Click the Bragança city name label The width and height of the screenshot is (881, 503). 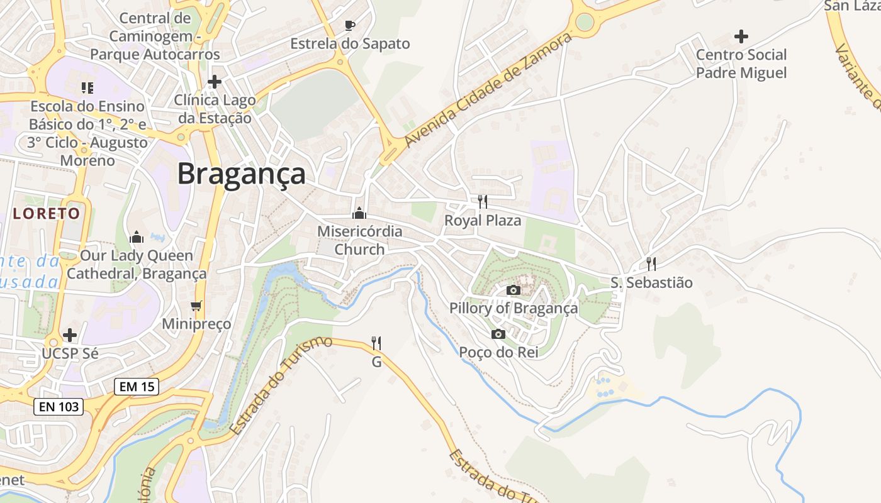point(241,174)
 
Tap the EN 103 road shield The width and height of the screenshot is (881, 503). point(59,407)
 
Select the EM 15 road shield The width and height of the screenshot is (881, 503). point(137,387)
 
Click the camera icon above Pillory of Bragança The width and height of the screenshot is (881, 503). point(513,290)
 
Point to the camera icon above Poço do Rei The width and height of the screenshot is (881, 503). point(498,334)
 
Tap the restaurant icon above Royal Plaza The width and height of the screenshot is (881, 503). point(483,202)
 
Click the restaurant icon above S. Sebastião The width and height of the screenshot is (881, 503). point(651,264)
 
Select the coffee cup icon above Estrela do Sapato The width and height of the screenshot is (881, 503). point(350,26)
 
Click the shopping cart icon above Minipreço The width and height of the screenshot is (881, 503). point(196,306)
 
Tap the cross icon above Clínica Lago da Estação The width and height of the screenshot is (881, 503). point(215,82)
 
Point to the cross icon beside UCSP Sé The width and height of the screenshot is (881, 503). point(70,334)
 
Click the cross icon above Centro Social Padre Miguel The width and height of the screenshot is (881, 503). point(741,36)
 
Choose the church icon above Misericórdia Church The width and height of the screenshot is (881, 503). point(359,213)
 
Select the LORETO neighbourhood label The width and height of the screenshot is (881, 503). point(47,213)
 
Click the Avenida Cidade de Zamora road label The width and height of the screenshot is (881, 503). point(488,89)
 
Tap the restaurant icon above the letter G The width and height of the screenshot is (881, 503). point(376,343)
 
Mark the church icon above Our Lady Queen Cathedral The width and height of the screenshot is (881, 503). point(137,237)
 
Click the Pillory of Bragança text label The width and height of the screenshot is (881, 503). point(513,308)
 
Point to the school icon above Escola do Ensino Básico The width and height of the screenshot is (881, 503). point(87,88)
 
